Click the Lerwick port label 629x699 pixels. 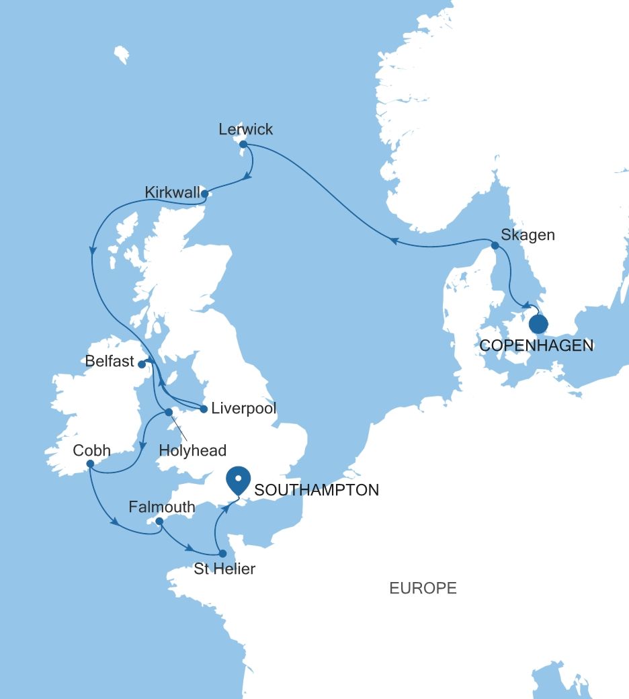[246, 129]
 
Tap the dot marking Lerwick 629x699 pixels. [243, 144]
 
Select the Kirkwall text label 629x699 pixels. [173, 194]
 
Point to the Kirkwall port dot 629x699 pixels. [204, 195]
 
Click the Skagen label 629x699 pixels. [528, 235]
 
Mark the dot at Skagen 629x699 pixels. [495, 246]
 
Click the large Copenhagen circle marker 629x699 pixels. [538, 325]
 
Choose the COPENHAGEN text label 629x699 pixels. [537, 346]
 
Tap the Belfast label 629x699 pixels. [110, 362]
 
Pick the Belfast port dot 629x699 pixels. [142, 364]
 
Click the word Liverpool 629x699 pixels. [243, 409]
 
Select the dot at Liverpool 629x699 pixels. [204, 408]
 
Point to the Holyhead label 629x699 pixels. [193, 450]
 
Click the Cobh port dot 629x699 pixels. [89, 463]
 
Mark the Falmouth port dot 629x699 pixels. [159, 521]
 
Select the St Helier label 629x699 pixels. [224, 569]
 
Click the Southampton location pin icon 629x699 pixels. [238, 481]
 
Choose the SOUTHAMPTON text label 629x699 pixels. [317, 490]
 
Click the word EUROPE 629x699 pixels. [423, 589]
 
